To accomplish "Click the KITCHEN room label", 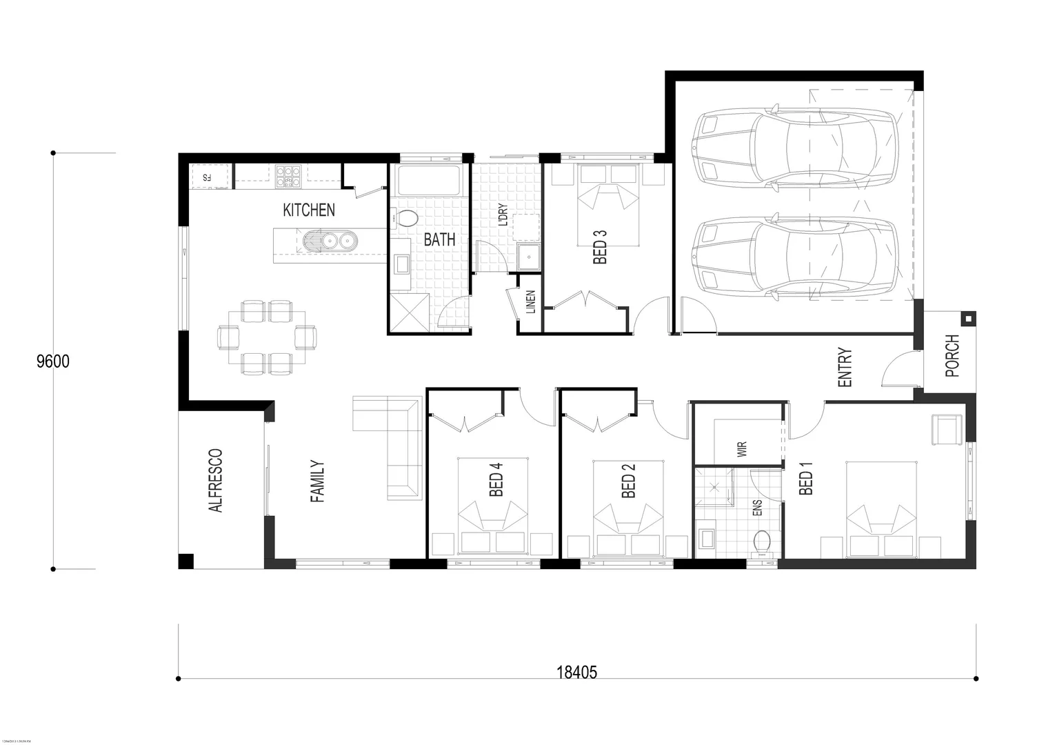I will [309, 210].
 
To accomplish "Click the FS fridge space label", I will [206, 177].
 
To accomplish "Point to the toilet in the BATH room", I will [407, 219].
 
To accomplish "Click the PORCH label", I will [952, 356].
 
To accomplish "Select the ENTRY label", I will [845, 368].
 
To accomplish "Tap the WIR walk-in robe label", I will [742, 450].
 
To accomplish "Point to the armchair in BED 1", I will [946, 429].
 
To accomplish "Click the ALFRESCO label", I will [215, 481].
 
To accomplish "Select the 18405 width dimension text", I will [576, 673].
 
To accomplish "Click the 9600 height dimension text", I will [53, 361].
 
